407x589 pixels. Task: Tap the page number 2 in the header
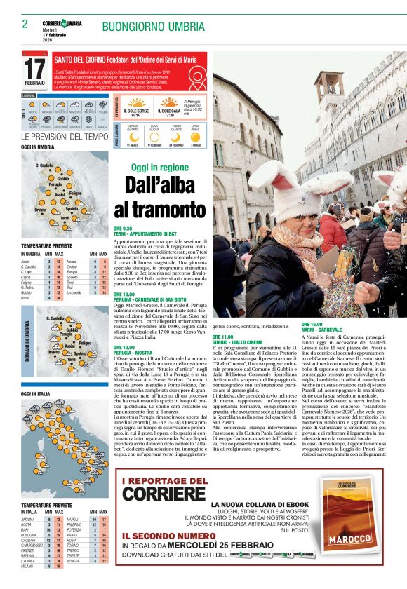[x=25, y=24]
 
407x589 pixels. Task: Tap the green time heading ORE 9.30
[x=123, y=229]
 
